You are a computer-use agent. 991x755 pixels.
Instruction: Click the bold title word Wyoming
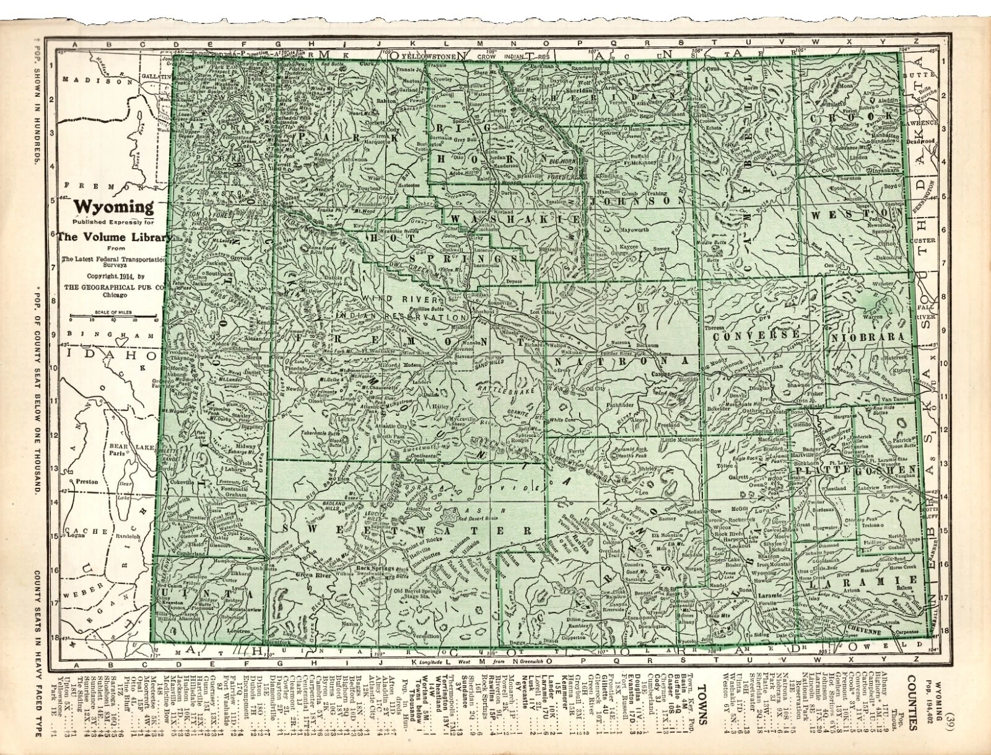(113, 206)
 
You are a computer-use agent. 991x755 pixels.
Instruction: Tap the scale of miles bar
(113, 317)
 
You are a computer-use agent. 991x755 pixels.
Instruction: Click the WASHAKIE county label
(515, 219)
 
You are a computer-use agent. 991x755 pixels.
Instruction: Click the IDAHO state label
(110, 356)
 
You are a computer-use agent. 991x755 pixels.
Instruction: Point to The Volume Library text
(113, 237)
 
